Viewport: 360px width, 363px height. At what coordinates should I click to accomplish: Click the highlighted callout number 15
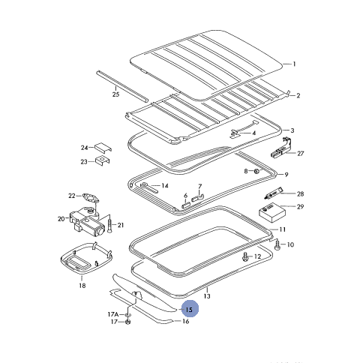pos(190,310)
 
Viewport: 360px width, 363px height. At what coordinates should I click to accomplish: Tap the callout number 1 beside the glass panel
pos(294,64)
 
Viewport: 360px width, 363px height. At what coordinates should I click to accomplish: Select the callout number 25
pos(115,94)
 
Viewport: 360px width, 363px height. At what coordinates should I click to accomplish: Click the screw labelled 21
pos(109,224)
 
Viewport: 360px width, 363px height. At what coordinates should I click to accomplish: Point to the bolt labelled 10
pos(277,244)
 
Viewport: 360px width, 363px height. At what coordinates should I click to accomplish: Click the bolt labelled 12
pos(245,257)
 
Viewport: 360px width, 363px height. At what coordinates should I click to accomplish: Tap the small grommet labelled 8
pos(256,172)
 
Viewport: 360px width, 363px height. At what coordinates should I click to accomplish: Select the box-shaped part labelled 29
pos(272,212)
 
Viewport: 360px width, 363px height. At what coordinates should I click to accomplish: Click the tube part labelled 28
pos(273,193)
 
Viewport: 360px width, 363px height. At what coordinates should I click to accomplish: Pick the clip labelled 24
pos(103,148)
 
